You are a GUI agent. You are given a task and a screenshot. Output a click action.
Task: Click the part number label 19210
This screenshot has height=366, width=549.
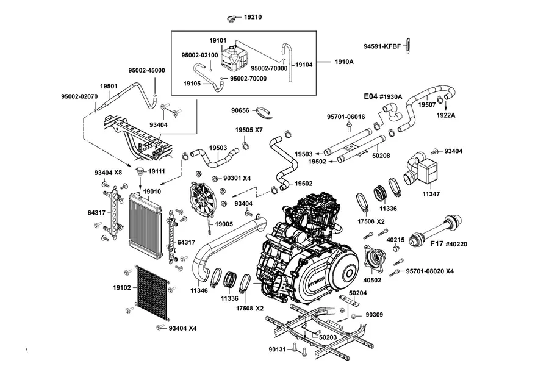253,17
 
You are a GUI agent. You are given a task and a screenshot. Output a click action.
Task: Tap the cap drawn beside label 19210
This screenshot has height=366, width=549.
231,19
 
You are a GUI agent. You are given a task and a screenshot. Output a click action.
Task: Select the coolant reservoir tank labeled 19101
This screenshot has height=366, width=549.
234,57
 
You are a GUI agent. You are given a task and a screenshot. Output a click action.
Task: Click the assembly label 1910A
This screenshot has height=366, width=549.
344,62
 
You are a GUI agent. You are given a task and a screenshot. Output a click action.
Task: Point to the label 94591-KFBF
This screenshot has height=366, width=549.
382,46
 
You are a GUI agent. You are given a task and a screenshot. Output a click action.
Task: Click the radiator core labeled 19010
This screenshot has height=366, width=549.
146,225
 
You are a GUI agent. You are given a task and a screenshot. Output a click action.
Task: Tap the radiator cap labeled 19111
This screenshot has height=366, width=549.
140,171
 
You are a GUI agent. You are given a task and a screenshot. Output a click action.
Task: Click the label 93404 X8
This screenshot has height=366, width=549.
108,172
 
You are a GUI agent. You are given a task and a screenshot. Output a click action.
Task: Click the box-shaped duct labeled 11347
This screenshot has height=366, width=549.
422,169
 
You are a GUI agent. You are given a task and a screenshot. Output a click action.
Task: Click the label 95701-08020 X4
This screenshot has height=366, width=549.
429,271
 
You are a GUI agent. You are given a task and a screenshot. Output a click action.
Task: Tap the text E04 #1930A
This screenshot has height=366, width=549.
383,96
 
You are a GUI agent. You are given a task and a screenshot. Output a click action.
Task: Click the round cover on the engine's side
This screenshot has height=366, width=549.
348,273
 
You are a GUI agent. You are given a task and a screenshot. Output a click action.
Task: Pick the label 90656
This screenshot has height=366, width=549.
240,110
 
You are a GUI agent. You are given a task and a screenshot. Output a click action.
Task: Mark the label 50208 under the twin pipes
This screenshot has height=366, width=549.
381,156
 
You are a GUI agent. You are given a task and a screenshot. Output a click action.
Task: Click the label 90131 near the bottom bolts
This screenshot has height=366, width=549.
278,349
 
